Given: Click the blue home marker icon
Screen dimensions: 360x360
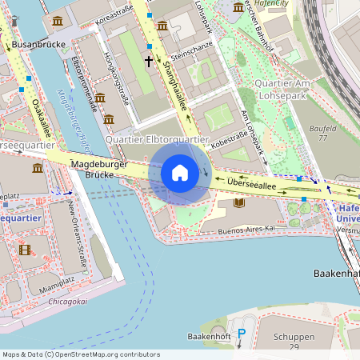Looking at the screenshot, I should tap(179, 173).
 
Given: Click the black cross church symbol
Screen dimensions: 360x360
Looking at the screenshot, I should tap(148, 60).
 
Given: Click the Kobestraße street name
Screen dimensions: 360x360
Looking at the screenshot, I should tap(230, 138).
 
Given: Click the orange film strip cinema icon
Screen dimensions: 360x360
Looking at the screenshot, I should tap(26, 250).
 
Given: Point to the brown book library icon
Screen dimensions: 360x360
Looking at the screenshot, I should tap(238, 203).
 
